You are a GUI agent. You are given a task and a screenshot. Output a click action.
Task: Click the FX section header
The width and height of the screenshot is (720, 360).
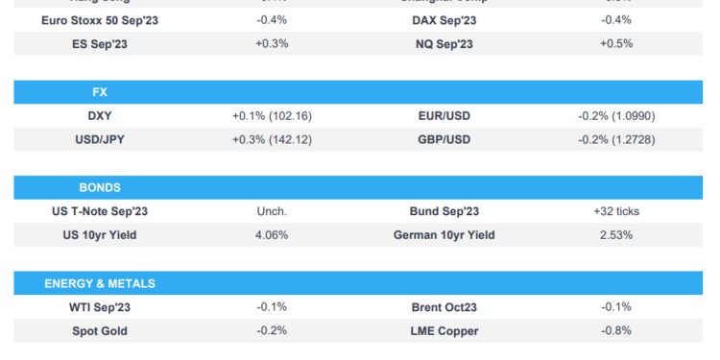tap(100, 92)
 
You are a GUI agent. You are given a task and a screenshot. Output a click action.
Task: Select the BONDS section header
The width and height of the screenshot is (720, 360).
tap(100, 187)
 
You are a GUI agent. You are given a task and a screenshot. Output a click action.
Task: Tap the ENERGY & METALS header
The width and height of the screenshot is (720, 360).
tap(100, 283)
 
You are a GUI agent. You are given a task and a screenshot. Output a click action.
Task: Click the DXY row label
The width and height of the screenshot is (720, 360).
tap(100, 115)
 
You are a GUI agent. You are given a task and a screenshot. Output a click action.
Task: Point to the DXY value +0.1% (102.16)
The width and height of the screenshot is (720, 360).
tap(272, 115)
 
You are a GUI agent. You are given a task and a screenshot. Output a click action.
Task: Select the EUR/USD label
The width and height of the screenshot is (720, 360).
tap(444, 115)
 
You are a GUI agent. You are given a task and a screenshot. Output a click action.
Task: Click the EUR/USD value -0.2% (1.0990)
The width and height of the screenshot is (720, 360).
tap(615, 115)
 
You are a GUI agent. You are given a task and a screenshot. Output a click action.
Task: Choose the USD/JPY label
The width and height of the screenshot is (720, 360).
tap(100, 139)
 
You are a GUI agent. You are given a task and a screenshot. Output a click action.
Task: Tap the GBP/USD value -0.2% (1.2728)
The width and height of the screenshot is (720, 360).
tap(615, 139)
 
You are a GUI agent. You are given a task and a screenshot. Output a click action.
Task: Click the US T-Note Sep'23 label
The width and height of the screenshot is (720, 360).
tap(100, 211)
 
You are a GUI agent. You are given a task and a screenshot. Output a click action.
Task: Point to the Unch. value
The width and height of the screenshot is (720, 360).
tap(272, 211)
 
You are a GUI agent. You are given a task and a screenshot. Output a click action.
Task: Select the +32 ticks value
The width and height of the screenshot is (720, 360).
tap(615, 211)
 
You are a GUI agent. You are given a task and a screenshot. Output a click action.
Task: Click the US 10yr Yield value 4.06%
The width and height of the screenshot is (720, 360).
tap(272, 235)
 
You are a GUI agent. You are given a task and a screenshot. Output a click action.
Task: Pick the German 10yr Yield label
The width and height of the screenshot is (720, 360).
tap(444, 235)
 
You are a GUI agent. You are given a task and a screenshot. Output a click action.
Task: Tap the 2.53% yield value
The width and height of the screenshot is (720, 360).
tap(615, 235)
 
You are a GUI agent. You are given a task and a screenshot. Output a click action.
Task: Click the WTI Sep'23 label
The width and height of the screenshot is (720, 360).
tap(100, 307)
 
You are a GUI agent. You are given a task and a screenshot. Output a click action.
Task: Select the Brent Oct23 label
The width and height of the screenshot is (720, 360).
tap(444, 307)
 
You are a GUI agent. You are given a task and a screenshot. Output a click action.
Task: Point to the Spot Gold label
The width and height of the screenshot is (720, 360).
tap(100, 331)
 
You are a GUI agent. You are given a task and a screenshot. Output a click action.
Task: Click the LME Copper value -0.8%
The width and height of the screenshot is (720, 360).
tap(615, 331)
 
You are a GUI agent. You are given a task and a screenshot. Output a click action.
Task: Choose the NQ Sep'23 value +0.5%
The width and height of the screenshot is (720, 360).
tap(615, 43)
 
